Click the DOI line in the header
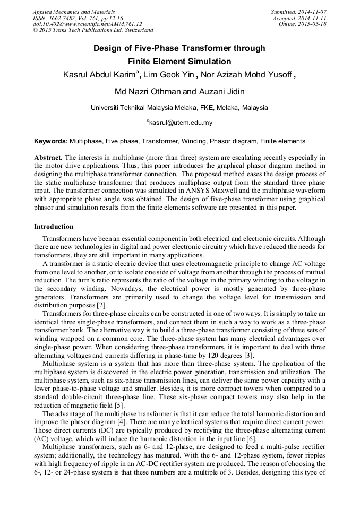pyautogui.click(x=88, y=24)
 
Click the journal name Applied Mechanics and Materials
pyautogui.click(x=74, y=12)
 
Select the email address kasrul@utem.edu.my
pyautogui.click(x=181, y=123)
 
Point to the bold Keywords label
pyautogui.click(x=50, y=141)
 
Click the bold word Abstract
pyautogui.click(x=48, y=158)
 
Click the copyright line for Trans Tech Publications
pyautogui.click(x=93, y=31)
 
